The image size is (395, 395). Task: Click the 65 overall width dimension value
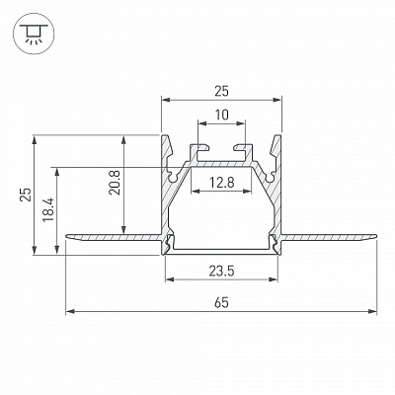221,302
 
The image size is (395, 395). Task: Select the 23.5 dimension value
221,272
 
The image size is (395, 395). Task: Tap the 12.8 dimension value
222,182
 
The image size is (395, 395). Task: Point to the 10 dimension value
222,116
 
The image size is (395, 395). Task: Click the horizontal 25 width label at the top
221,92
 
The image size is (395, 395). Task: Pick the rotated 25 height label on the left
27,195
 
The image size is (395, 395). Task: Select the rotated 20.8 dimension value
116,183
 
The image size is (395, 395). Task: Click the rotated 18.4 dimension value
48,209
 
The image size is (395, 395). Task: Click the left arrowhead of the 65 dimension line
70,311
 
